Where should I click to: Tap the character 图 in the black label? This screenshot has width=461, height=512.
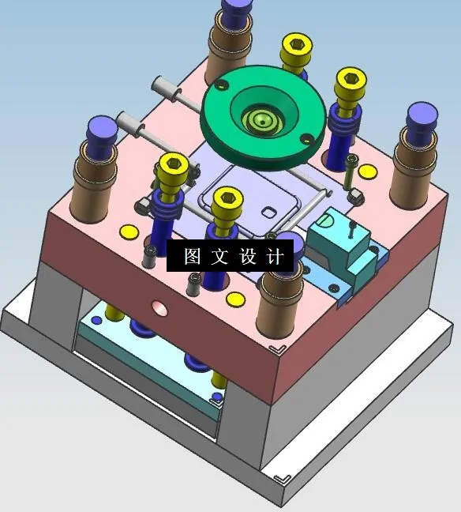[x=192, y=257]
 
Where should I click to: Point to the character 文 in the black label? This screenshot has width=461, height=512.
[x=219, y=257]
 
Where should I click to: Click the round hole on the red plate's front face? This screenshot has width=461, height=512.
[x=160, y=307]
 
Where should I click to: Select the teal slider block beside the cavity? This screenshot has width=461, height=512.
[x=334, y=237]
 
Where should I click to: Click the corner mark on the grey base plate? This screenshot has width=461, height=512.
[x=281, y=479]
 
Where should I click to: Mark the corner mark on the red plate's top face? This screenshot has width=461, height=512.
[x=276, y=348]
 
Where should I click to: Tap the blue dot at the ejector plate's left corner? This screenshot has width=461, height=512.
[x=97, y=321]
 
